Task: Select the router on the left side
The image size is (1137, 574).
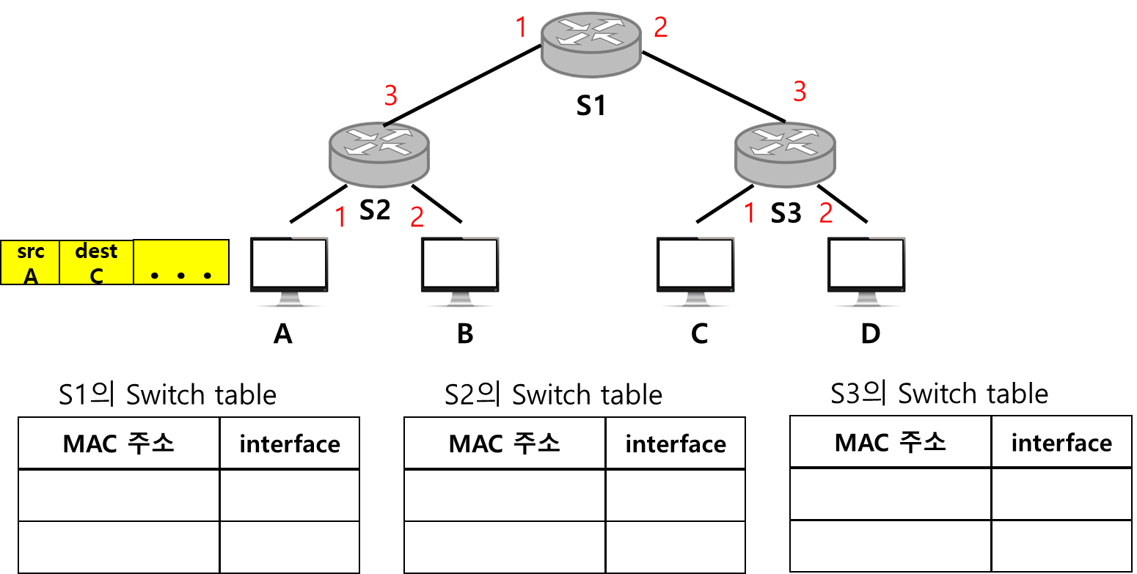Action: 379,154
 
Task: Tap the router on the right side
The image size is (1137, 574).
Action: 785,154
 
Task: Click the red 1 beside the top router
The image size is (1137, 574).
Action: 521,28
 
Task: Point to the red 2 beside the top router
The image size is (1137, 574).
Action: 660,28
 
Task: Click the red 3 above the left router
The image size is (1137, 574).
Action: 391,95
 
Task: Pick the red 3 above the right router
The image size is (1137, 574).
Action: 800,92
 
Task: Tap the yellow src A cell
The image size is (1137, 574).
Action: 30,262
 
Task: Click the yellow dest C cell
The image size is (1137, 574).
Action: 96,262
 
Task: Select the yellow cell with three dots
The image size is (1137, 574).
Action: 180,262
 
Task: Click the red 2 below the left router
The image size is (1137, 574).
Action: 417,216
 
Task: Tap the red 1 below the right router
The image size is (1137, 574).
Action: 749,213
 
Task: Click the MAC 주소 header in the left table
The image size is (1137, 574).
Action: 119,444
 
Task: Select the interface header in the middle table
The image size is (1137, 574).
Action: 675,444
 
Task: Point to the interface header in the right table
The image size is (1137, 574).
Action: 1061,443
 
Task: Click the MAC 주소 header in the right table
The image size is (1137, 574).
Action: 891,443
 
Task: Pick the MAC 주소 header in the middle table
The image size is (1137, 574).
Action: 505,444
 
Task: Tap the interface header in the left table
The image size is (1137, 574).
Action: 289,444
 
